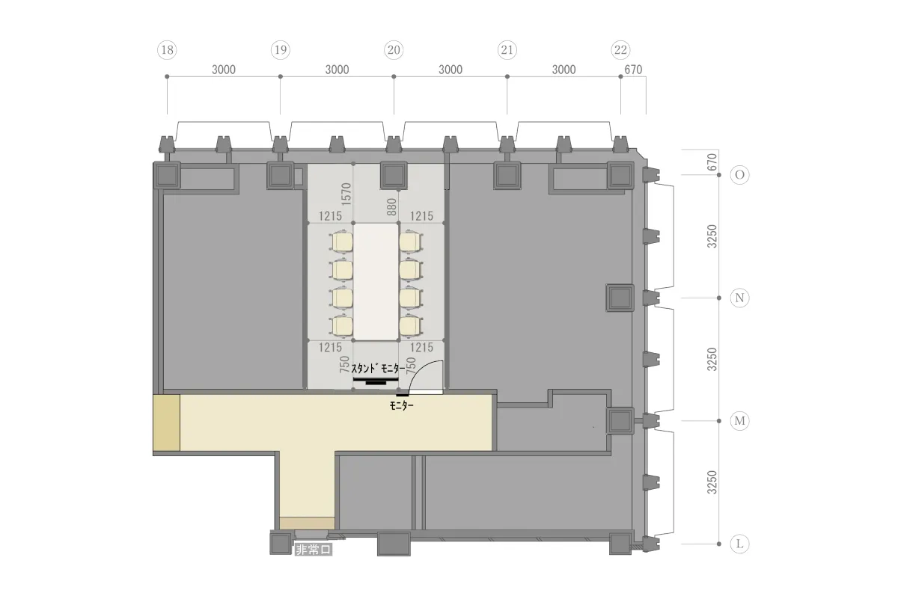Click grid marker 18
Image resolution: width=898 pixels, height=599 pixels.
point(167,50)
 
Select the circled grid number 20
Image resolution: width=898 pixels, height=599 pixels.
point(394,50)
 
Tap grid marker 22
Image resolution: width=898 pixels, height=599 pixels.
point(620,50)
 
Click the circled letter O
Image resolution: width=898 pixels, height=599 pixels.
point(739,175)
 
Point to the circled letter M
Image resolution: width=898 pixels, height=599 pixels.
point(739,421)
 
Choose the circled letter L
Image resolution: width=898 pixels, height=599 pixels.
point(739,544)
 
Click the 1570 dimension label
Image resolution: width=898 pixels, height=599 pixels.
point(346,194)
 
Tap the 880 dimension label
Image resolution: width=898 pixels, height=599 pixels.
point(391,206)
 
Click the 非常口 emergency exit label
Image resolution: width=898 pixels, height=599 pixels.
point(314,550)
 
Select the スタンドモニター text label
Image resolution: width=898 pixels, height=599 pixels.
point(378,369)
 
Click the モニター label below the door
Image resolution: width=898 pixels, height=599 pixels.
point(401,405)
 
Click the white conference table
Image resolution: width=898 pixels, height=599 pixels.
point(376,282)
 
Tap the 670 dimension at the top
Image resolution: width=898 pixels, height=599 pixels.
point(633,70)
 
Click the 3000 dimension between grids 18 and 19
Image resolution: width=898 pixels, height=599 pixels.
point(224,70)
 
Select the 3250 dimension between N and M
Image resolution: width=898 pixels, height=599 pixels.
point(712,359)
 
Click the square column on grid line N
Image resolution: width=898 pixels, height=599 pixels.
point(620,298)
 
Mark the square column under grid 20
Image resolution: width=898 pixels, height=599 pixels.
point(394,175)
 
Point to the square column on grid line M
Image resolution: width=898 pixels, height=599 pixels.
point(620,421)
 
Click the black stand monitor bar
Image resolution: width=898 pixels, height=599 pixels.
point(376,379)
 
